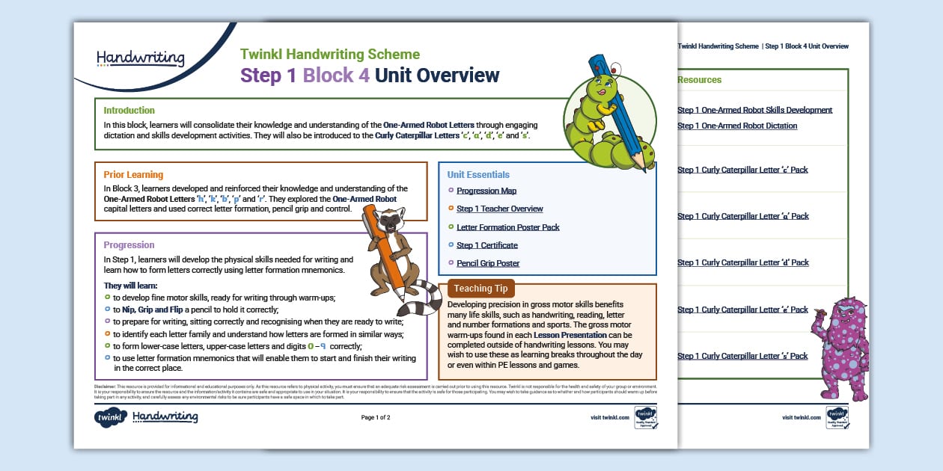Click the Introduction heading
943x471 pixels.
129,110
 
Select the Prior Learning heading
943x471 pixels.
133,175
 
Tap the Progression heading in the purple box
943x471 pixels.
129,244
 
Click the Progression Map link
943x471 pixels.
486,191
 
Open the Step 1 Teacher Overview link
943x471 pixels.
499,209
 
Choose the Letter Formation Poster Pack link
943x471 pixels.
507,227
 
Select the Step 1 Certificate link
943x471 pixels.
486,245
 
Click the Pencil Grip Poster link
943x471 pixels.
488,263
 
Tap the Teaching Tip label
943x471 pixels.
480,289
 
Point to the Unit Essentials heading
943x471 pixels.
478,174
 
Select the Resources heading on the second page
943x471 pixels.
699,79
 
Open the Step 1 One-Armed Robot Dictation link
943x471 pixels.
737,126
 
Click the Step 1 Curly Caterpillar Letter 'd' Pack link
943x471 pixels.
742,262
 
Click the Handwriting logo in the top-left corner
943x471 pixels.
140,58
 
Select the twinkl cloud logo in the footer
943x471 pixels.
111,417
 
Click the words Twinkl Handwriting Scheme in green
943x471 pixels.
330,54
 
